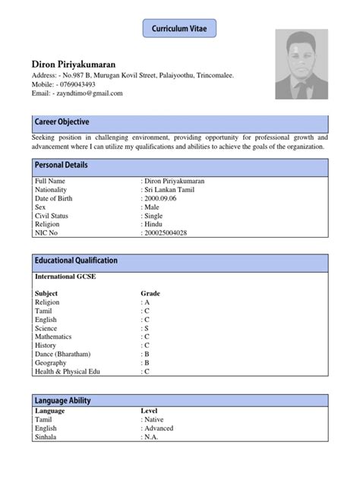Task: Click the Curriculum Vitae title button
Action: point(179,28)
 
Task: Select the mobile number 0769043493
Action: point(75,84)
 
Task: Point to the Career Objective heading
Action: point(62,122)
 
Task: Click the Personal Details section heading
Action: point(62,165)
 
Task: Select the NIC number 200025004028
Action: point(165,232)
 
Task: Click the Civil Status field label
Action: point(52,216)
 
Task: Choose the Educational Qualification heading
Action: point(77,261)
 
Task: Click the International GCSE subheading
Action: point(65,277)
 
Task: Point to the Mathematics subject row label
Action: point(53,336)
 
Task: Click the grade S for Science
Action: point(146,327)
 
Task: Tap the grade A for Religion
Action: point(146,302)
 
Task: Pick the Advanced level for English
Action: point(158,428)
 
